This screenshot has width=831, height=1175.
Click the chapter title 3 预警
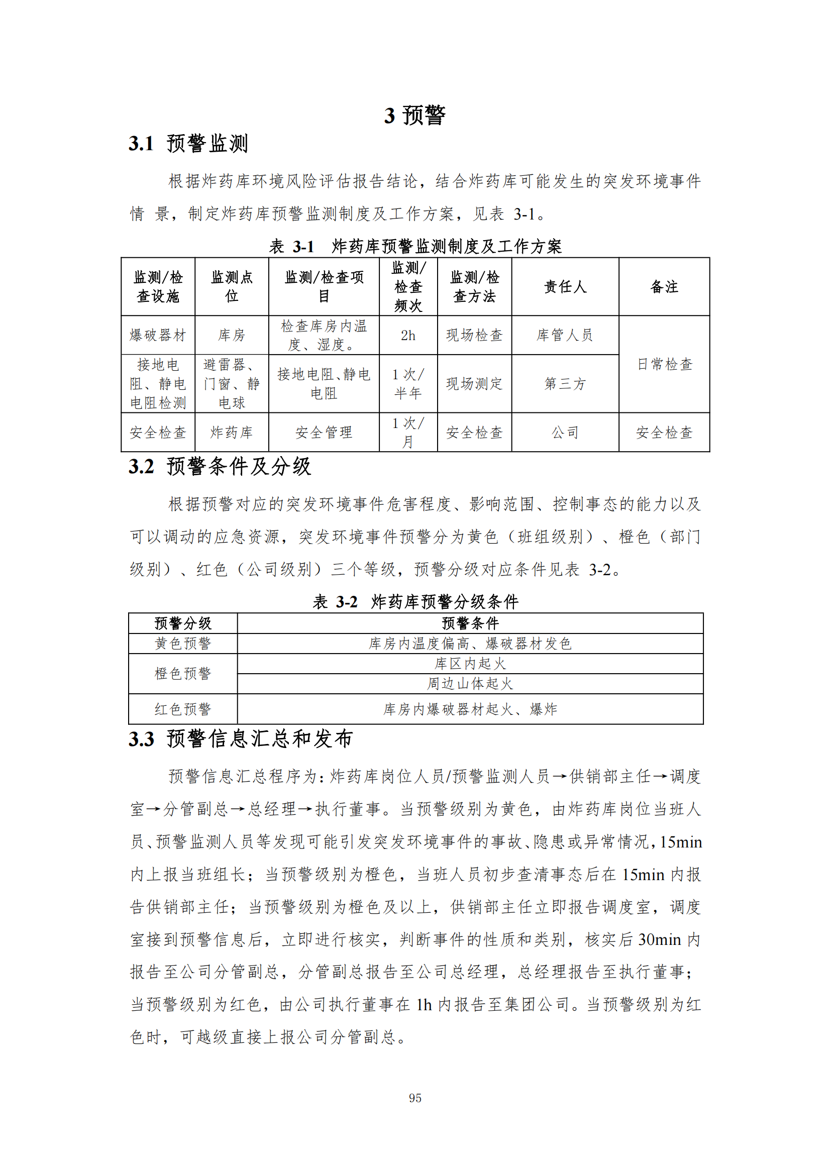tap(414, 115)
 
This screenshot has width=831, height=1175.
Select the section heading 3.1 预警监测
tap(188, 144)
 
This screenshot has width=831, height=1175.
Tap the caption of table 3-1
tap(415, 246)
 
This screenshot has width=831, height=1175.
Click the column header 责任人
tap(565, 286)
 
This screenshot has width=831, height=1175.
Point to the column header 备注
tap(664, 286)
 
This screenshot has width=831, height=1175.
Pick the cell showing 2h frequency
tap(408, 335)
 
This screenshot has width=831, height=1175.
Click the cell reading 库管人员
tap(565, 335)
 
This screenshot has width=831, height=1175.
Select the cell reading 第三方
tap(565, 383)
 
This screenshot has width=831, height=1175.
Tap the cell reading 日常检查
tap(664, 364)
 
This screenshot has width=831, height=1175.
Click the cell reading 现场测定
tap(474, 383)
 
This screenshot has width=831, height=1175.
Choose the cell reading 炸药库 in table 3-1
tap(231, 433)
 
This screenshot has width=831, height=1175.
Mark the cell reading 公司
tap(565, 433)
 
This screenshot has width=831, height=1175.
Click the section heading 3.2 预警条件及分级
tap(220, 467)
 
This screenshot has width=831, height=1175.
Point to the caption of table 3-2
tap(415, 601)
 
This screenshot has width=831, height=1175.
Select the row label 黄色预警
tap(183, 644)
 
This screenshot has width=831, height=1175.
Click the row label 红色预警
tap(183, 709)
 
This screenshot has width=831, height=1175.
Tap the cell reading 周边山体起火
tap(470, 684)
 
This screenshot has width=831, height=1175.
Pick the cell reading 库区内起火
tap(470, 664)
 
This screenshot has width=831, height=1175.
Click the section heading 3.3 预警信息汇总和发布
tap(241, 739)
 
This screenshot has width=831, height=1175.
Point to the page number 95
tap(415, 1098)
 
